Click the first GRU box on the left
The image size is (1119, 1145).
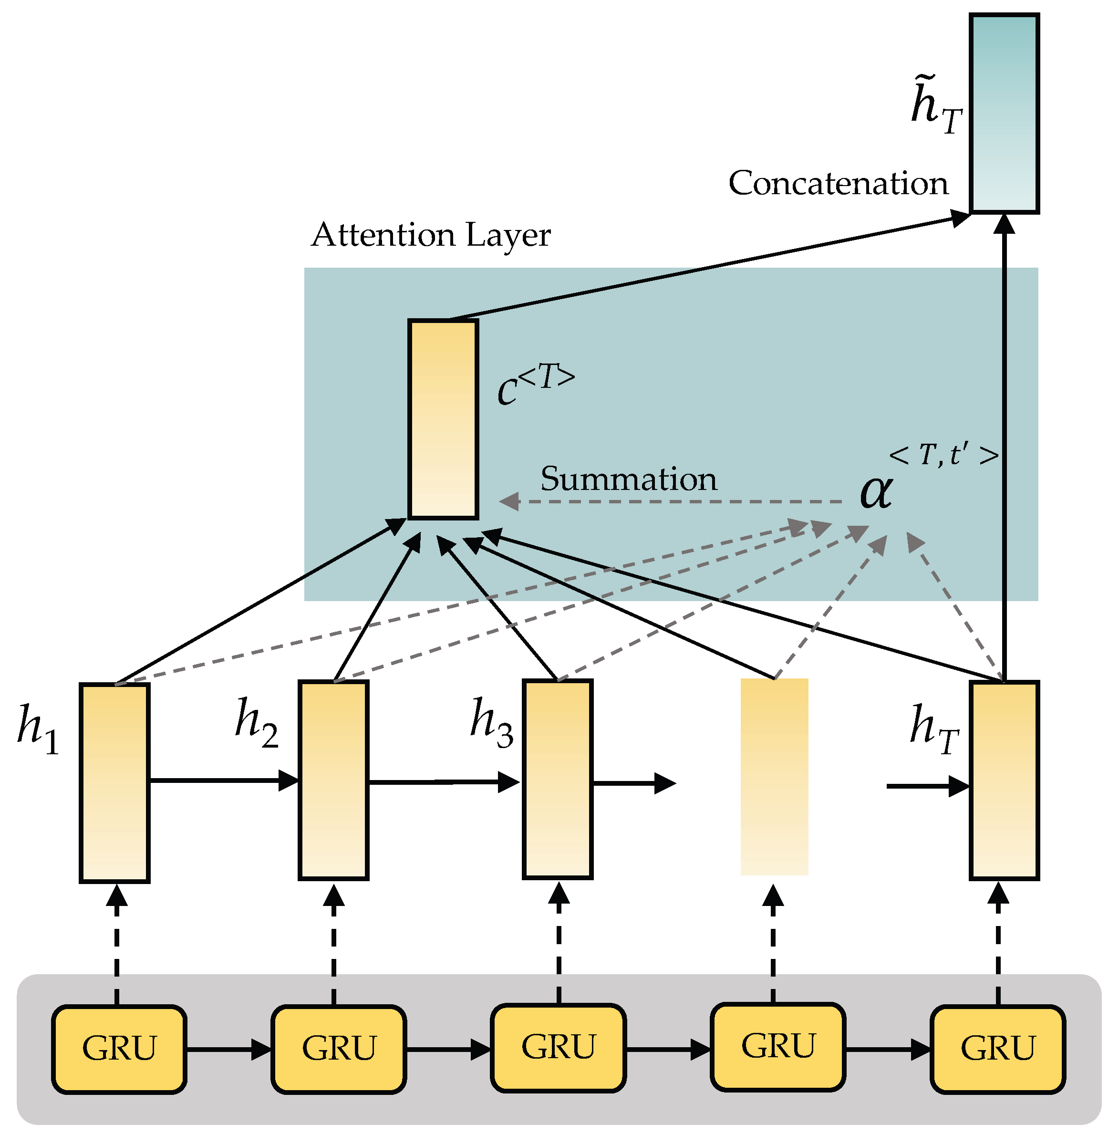coord(119,1049)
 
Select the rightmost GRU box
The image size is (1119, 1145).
coord(997,1049)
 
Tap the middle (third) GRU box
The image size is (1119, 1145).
coord(559,1048)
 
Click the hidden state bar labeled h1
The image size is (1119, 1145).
coord(114,783)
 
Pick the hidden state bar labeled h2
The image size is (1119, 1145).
coord(333,780)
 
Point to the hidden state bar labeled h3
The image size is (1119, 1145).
coord(558,780)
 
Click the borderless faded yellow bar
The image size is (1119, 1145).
coord(774,777)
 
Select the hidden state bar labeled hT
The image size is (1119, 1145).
coord(1004,781)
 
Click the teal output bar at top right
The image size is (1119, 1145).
coord(1004,114)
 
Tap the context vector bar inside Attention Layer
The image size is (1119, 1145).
coord(443,419)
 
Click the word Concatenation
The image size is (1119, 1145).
coord(838,183)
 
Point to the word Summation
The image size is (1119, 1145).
coord(628,479)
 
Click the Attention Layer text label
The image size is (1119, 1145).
coord(431,235)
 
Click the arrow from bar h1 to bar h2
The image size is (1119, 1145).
coord(223,781)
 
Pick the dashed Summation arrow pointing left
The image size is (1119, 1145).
coord(670,502)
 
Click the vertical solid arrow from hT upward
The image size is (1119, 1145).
coord(1004,447)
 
